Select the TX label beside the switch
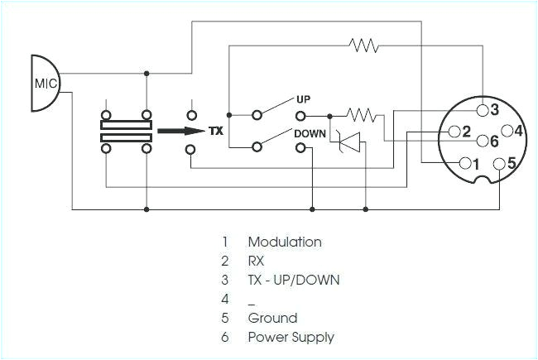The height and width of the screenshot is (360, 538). [216, 131]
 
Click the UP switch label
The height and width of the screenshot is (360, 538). [303, 99]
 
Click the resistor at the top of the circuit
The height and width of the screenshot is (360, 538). [364, 45]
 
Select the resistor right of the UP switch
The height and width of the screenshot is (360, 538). [361, 114]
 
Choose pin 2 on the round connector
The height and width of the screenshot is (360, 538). [454, 131]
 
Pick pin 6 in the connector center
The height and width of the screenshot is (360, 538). [483, 141]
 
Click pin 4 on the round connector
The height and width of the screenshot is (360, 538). [508, 131]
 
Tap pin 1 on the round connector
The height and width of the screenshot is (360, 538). [464, 162]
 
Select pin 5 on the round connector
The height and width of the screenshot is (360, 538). [498, 164]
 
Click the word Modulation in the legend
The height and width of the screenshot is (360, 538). [285, 242]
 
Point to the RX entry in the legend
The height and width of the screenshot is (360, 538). [257, 262]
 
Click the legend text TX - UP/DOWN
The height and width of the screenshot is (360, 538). [294, 280]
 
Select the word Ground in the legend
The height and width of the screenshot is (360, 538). [272, 318]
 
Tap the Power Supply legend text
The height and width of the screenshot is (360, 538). [291, 337]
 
